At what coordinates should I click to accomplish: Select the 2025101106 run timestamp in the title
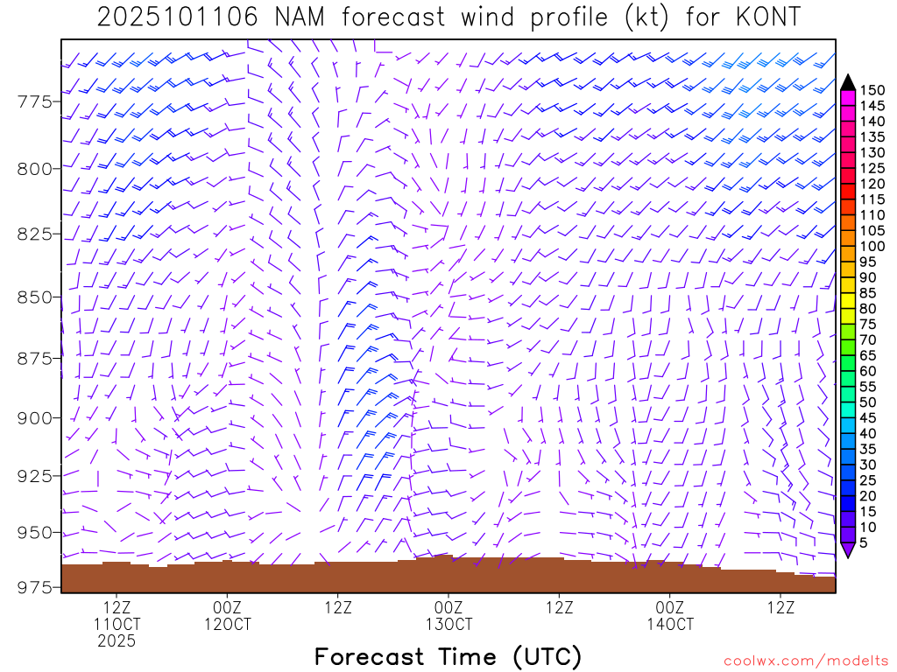pos(178,17)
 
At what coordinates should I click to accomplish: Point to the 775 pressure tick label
pos(35,102)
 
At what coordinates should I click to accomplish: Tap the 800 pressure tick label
pos(35,168)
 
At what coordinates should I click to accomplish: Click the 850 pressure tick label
pos(35,297)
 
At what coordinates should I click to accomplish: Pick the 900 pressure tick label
pos(35,417)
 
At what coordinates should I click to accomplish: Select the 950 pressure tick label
pos(35,532)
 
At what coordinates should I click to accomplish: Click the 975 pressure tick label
pos(35,587)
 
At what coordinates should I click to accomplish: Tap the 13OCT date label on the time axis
pos(448,625)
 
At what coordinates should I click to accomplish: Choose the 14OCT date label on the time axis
pos(670,625)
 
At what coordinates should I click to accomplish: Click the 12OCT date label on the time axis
pos(227,625)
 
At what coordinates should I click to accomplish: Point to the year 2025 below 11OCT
pos(117,641)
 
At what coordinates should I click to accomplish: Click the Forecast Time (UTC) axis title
pos(448,656)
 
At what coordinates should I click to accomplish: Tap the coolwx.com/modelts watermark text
pos(806,661)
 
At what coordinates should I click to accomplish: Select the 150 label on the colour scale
pos(872,90)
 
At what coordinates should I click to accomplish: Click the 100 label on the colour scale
pos(872,246)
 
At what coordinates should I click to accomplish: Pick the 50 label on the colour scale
pos(868,402)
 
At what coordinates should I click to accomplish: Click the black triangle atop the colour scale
pos(848,82)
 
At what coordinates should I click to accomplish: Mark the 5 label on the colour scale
pos(865,542)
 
